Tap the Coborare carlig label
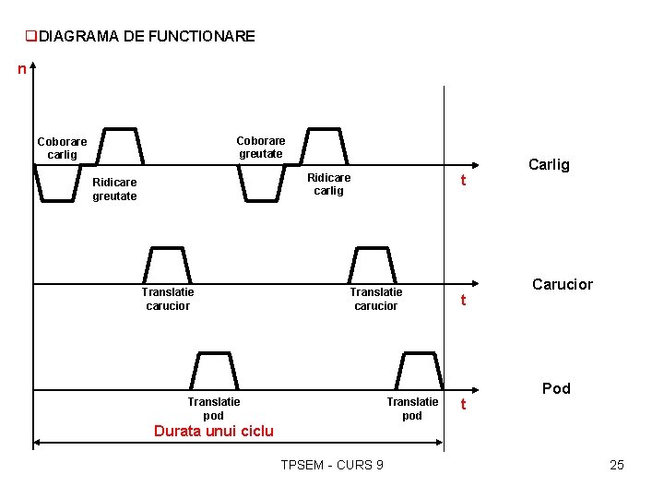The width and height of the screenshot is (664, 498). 62,148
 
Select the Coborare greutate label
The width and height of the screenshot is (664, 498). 261,148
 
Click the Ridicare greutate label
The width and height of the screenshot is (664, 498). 114,189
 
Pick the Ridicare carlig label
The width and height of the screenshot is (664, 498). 328,184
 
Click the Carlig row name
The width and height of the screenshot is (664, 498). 549,165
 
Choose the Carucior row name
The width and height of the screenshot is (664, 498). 562,284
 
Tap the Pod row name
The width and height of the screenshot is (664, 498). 556,388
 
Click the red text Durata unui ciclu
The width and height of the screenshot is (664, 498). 213,431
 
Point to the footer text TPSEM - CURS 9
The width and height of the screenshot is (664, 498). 332,465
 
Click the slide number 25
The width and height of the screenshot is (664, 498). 617,465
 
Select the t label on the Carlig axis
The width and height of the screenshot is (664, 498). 464,182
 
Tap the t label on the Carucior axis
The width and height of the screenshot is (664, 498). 464,301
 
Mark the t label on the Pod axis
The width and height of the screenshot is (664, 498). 464,405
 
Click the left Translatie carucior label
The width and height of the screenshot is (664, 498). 168,299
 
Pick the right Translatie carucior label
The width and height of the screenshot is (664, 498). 375,299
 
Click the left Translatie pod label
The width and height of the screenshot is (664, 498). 213,409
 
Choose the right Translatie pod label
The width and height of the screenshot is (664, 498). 412,409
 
